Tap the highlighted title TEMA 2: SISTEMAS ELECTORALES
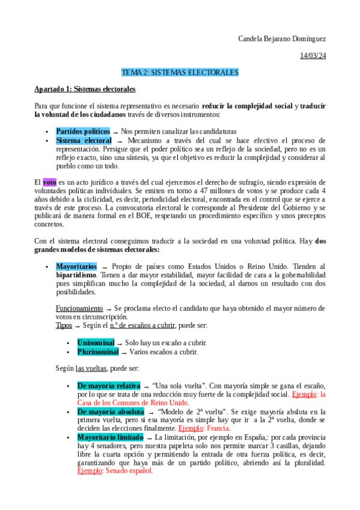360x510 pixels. (180, 73)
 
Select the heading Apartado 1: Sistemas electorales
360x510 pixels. (85, 89)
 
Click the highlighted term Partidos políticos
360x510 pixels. (83, 131)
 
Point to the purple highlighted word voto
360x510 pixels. (49, 182)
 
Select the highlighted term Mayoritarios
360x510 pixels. (76, 266)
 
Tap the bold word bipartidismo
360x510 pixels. (77, 275)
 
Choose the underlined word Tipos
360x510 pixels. (63, 325)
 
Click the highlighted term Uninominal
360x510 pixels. (96, 342)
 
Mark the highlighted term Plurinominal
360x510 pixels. (98, 351)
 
